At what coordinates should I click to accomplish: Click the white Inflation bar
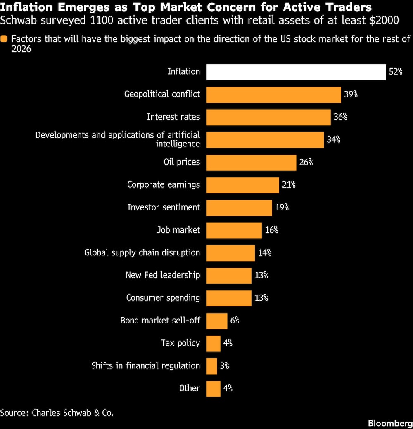tap(296, 72)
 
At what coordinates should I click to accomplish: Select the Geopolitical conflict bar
tap(273, 95)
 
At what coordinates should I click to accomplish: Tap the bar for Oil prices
tap(251, 163)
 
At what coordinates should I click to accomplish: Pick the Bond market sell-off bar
tap(217, 321)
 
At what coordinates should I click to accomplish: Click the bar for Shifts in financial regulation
tap(211, 366)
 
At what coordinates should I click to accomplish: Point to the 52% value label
tap(396, 72)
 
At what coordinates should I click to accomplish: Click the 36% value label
tap(340, 117)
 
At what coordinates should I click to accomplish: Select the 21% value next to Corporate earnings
tap(289, 185)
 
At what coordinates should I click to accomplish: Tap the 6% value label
tap(235, 321)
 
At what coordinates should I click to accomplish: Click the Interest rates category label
tap(173, 117)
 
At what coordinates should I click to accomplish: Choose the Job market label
tap(178, 230)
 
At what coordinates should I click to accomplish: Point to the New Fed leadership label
tap(163, 275)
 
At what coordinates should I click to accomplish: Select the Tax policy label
tap(180, 343)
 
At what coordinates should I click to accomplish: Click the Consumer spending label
tap(163, 298)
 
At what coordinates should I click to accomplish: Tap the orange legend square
tap(4, 39)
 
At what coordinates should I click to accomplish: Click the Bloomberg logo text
tap(390, 423)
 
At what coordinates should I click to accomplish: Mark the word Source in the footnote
tap(13, 412)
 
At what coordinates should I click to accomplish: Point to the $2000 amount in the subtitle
tap(384, 21)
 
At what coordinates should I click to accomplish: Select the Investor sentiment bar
tap(239, 208)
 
